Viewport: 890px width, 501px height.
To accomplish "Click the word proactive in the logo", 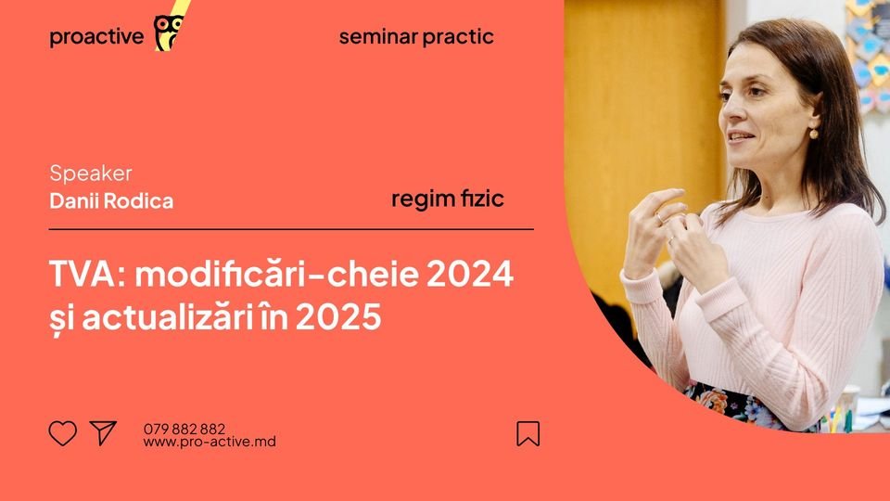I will coord(96,37).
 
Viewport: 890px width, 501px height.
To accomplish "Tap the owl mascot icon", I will coord(167,32).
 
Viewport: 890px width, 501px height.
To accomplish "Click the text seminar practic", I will coord(416,37).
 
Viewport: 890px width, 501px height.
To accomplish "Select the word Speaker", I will coord(90,173).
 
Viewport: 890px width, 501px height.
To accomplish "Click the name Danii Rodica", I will coord(111,200).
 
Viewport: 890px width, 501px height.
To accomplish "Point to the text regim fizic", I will coord(448,199).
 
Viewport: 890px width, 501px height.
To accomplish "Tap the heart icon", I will coord(62,433).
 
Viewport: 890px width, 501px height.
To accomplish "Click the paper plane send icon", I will coord(103,432).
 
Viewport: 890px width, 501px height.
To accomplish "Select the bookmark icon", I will coord(528,433).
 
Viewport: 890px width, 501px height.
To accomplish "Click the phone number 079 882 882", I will coord(184,429).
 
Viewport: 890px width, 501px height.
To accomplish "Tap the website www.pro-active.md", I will coord(209,442).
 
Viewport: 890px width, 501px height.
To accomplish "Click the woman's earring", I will coord(814,133).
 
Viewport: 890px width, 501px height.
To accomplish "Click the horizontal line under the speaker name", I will coord(291,228).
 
